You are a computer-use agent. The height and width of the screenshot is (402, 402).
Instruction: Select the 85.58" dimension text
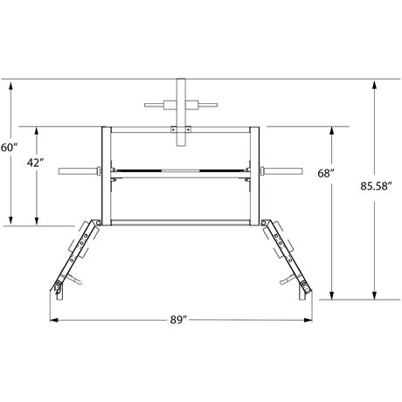tap(378, 185)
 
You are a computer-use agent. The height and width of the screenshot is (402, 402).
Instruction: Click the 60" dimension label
tap(8, 148)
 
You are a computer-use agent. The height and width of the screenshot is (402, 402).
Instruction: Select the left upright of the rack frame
tap(103, 175)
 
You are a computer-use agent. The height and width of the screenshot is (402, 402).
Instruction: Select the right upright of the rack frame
tap(260, 175)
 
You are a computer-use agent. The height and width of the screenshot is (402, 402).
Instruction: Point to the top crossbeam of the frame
tap(181, 128)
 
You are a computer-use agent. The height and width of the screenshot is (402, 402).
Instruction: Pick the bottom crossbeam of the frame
tap(181, 223)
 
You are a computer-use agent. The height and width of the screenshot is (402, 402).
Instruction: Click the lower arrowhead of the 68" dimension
tap(332, 297)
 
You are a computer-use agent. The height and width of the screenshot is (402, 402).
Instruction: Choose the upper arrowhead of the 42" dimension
tap(37, 128)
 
